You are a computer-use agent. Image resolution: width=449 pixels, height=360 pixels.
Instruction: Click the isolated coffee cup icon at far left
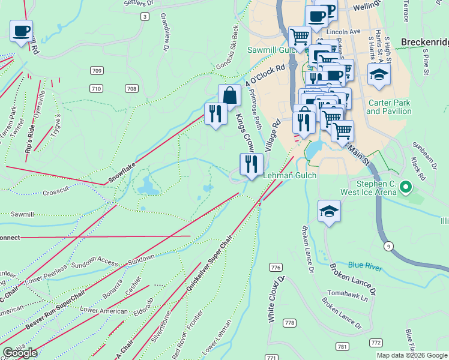pos(22,31)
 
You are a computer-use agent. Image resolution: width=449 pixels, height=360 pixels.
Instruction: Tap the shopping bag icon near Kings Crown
pos(229,95)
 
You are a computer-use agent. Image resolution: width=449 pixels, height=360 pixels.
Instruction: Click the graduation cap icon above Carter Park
pos(379,74)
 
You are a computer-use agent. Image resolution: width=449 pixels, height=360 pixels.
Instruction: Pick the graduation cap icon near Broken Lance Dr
pos(329,211)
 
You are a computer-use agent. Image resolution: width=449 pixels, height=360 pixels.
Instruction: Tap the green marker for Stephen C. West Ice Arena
pos(406,188)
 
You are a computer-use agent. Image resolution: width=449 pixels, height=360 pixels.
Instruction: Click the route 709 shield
pos(96,71)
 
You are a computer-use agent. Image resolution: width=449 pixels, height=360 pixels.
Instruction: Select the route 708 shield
pos(131,89)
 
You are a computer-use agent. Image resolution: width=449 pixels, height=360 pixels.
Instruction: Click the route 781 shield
pos(342,347)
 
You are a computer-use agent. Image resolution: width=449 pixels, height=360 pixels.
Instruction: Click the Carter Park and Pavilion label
pos(388,107)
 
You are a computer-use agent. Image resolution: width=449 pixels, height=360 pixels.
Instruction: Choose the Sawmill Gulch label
pos(271,50)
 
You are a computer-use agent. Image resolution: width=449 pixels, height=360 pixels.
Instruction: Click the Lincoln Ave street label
pos(343,31)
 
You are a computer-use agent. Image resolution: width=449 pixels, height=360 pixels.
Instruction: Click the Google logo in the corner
pos(20,353)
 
